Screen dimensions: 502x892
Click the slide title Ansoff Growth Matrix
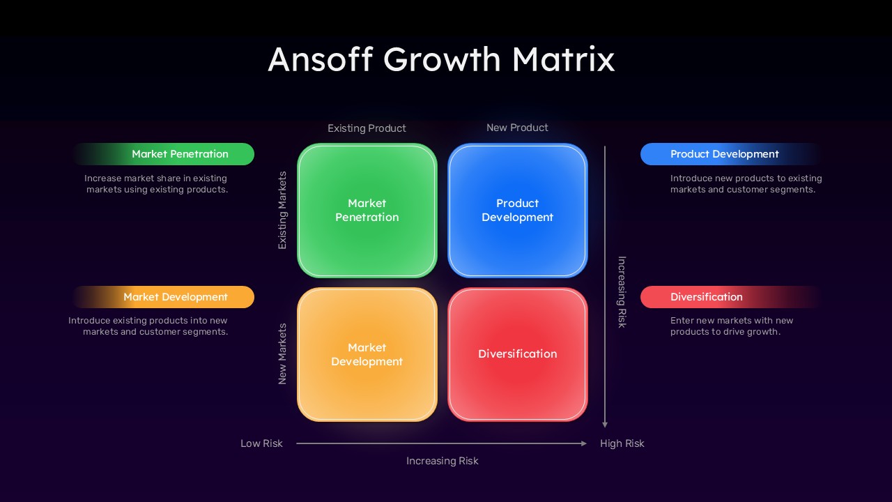(441, 59)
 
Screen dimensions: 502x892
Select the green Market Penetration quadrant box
(367, 210)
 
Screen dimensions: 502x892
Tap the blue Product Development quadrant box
(517, 210)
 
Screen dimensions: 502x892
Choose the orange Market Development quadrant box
(367, 354)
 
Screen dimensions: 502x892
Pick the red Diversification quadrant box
(517, 354)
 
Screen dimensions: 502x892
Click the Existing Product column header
(367, 128)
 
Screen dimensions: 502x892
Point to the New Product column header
(517, 128)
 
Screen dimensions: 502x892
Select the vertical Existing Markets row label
(282, 210)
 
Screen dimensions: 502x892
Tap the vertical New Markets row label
(282, 353)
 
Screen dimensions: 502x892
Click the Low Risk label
(261, 443)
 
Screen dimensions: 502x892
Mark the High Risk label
(622, 443)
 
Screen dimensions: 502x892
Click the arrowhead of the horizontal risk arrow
(584, 443)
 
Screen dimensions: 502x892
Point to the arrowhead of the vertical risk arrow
(605, 424)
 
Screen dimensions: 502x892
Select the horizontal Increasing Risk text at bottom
(442, 461)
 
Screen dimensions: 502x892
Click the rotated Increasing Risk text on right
(622, 291)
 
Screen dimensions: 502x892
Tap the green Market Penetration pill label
(180, 154)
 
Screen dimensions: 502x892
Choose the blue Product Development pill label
(724, 154)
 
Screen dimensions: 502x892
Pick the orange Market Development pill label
(176, 297)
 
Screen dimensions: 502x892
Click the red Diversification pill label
(706, 297)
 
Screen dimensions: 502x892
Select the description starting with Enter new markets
(732, 326)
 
